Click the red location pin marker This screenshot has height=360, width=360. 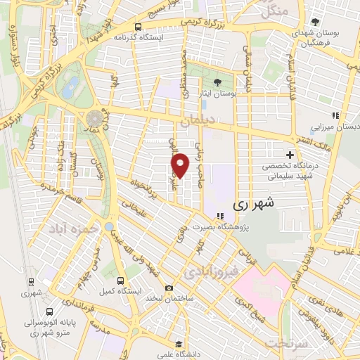(x=181, y=165)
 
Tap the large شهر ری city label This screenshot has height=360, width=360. (x=250, y=204)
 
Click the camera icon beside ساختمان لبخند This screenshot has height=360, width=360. (x=169, y=288)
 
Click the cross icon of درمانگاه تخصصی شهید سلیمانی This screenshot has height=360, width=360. (x=289, y=155)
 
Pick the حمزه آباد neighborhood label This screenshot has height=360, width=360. (x=70, y=228)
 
